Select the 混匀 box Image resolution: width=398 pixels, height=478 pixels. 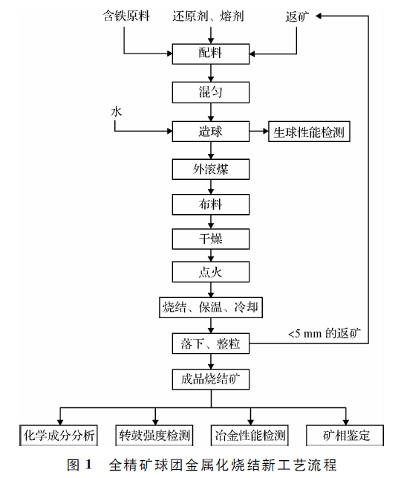[210, 92]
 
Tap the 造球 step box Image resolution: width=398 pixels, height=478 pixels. [210, 132]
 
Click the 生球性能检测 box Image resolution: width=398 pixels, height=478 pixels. [307, 132]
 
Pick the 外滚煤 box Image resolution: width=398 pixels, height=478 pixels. [210, 169]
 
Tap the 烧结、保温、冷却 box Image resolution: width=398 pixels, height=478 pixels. [210, 306]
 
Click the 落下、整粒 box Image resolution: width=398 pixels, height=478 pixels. [210, 344]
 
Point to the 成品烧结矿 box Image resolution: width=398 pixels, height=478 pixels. [210, 379]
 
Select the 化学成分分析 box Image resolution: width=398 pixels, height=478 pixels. [59, 435]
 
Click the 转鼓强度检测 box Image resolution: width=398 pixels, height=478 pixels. [154, 435]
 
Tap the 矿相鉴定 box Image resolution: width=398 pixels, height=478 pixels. [346, 435]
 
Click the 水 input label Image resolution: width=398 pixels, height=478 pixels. [116, 112]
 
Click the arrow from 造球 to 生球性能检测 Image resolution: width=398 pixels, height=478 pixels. [258, 132]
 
